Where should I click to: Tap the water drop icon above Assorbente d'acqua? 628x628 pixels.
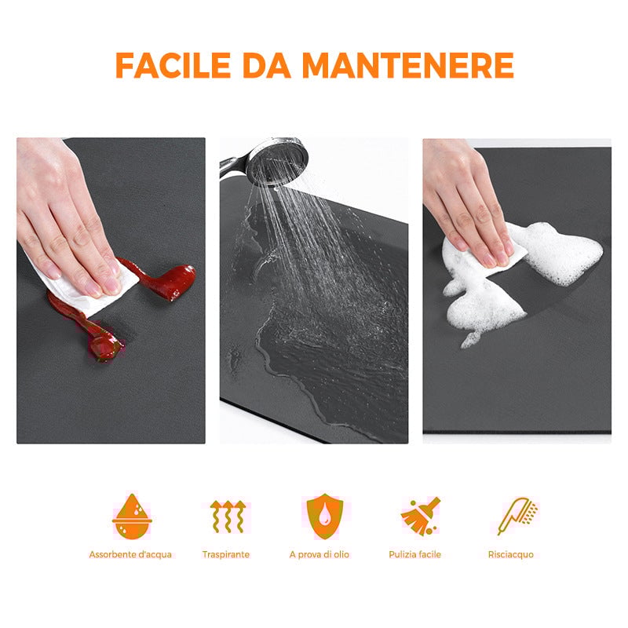[x=130, y=516]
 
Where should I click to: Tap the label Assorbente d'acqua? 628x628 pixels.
[x=130, y=554]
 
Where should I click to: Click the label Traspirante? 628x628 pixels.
[x=225, y=554]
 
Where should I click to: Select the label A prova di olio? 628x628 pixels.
[x=319, y=554]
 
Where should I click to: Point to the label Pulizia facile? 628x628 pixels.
[x=414, y=554]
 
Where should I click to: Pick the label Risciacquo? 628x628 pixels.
[x=510, y=554]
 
